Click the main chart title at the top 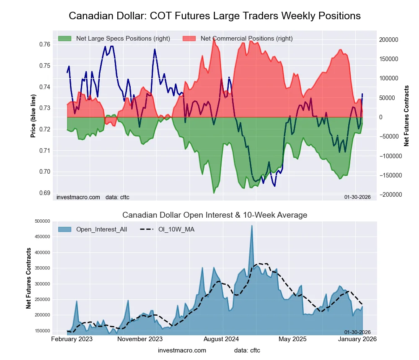tap(215, 16)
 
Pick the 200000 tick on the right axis tap(389, 40)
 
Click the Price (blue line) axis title tap(33, 116)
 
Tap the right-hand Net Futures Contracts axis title tap(406, 116)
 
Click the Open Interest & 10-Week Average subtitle tap(215, 215)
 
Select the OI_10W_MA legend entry tap(176, 229)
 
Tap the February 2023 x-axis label tap(72, 339)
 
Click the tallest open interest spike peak tap(252, 226)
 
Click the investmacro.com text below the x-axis tap(182, 350)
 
